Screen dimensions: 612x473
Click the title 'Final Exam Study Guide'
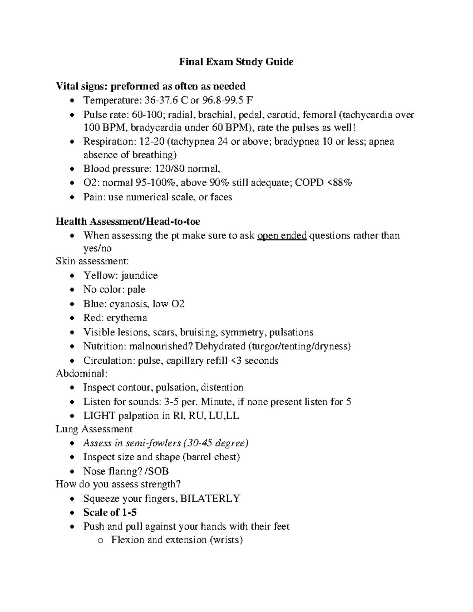pyautogui.click(x=236, y=62)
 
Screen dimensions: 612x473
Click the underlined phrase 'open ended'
pyautogui.click(x=282, y=236)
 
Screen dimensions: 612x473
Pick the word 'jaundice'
pyautogui.click(x=139, y=275)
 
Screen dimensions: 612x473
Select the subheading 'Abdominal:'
pyautogui.click(x=82, y=373)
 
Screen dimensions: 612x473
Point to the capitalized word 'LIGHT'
pyautogui.click(x=99, y=416)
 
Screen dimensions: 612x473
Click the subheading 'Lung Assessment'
pyautogui.click(x=94, y=429)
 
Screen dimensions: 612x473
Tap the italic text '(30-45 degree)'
pyautogui.click(x=216, y=443)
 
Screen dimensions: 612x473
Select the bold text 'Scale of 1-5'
pyautogui.click(x=110, y=512)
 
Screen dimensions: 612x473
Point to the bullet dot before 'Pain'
pyautogui.click(x=71, y=197)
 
